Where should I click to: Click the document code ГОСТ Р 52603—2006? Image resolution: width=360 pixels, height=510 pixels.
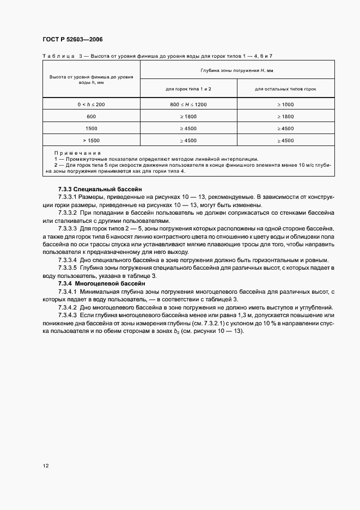click(x=72, y=40)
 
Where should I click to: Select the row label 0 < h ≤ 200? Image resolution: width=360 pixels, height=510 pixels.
click(x=91, y=104)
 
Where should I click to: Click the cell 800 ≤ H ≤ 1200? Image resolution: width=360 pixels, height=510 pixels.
click(x=188, y=104)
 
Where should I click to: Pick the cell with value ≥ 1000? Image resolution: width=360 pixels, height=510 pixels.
click(x=285, y=104)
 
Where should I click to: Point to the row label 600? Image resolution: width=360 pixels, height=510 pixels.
click(x=91, y=117)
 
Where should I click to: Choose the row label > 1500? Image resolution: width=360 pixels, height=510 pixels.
click(x=91, y=141)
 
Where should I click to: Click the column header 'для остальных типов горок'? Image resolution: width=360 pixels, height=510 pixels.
click(x=285, y=89)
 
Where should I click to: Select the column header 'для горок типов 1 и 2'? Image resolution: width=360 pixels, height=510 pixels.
click(x=188, y=89)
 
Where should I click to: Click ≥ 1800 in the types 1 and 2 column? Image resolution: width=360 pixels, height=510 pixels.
click(x=188, y=117)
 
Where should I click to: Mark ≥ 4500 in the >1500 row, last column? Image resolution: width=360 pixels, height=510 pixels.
click(x=285, y=141)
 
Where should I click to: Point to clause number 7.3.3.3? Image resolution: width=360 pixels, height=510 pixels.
click(x=69, y=230)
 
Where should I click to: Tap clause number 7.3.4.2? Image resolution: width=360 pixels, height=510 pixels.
click(x=69, y=308)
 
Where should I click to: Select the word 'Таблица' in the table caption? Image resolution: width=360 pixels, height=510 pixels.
click(x=58, y=56)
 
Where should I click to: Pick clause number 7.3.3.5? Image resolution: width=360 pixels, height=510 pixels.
click(x=69, y=269)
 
